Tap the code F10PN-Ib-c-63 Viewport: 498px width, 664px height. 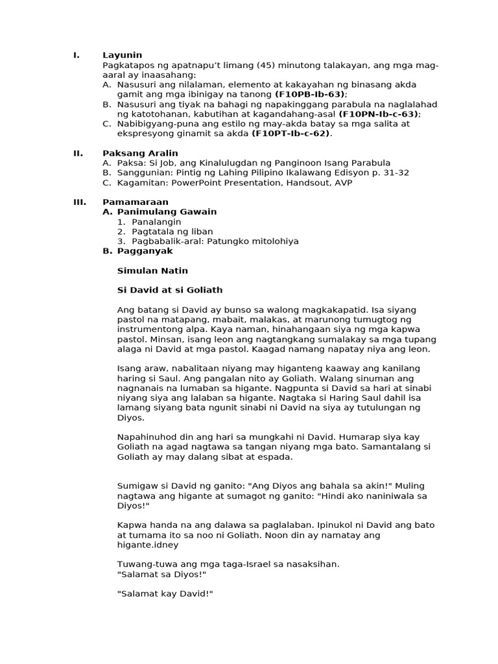pos(379,114)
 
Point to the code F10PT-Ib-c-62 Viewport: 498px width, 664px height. pos(290,134)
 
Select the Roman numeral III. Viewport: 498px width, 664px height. pos(80,202)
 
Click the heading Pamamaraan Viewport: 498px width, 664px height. pos(136,202)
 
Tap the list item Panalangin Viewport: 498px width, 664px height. pos(156,222)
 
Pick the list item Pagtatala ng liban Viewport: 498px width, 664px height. pos(172,231)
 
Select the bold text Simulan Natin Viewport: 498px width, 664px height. pos(152,270)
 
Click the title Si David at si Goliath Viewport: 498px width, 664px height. pos(170,290)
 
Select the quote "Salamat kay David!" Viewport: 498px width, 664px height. pos(165,594)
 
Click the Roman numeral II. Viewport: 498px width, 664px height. pos(78,153)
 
